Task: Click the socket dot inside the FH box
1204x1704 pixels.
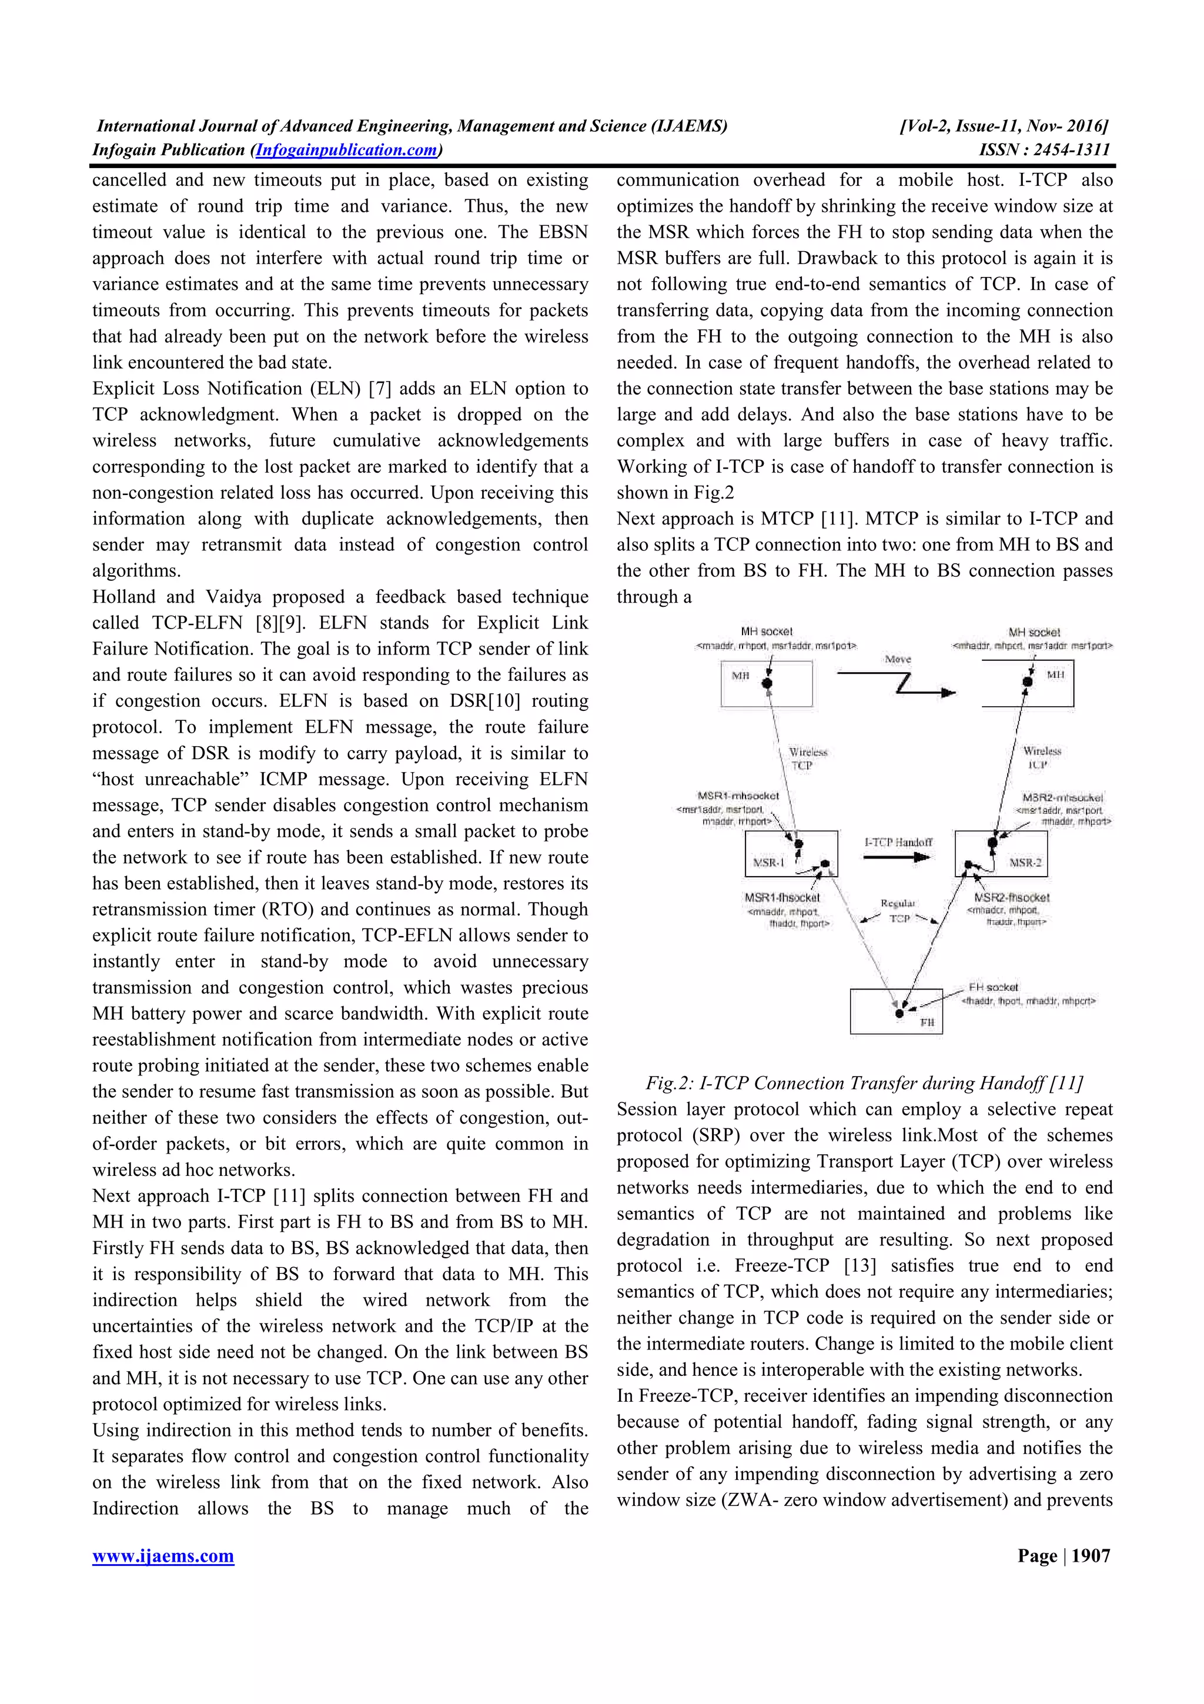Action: [899, 1013]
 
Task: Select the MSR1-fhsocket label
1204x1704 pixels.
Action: [782, 898]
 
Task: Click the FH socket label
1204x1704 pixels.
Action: [994, 987]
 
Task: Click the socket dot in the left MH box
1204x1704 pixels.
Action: [768, 683]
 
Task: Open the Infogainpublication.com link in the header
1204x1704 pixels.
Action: [346, 150]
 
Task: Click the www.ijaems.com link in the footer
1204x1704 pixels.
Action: [163, 1556]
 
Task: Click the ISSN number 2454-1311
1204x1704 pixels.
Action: [1072, 150]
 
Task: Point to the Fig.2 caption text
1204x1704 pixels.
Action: [864, 1083]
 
